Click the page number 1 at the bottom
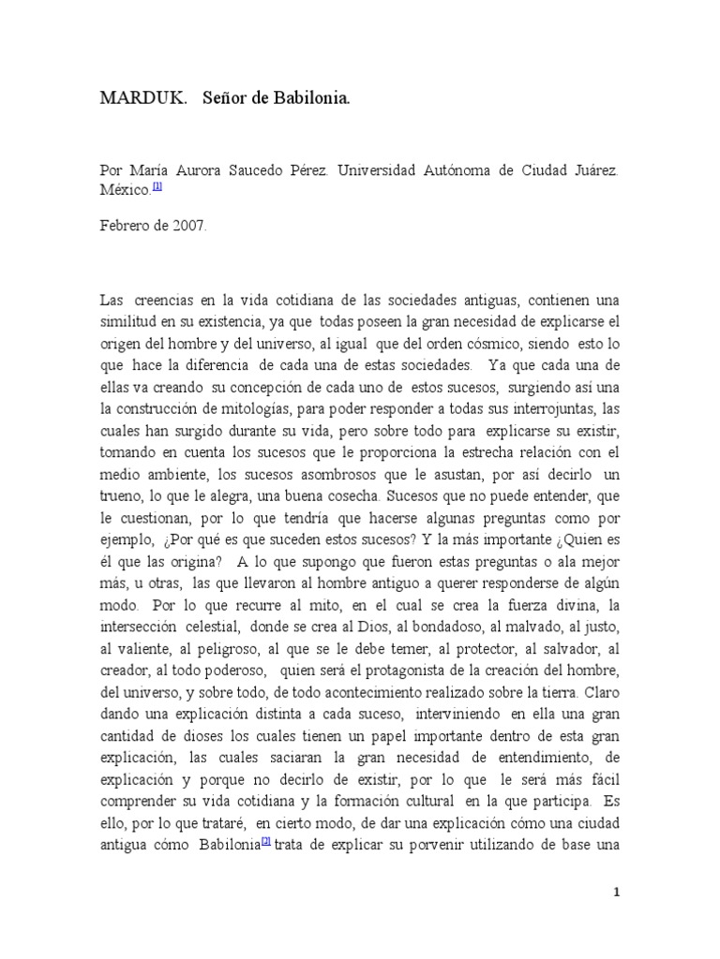click(x=616, y=892)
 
